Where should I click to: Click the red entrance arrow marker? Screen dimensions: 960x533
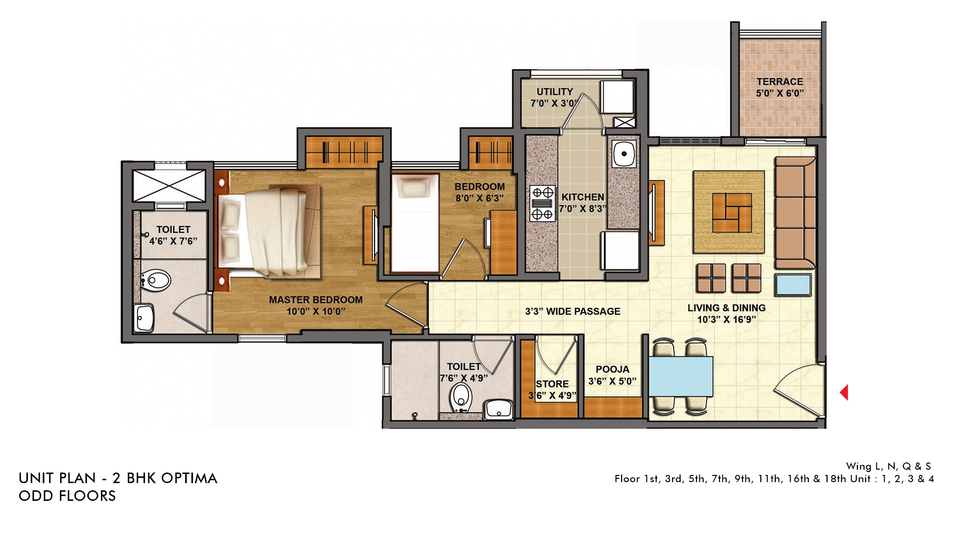pos(844,392)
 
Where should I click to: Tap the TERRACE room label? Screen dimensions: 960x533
pos(780,82)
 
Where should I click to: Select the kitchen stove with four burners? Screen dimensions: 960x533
pos(542,203)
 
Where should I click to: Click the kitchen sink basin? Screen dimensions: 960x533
pos(624,154)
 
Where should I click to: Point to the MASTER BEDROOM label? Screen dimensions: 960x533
pos(316,300)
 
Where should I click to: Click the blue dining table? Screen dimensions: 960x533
pos(681,376)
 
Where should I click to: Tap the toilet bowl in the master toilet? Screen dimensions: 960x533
pos(156,280)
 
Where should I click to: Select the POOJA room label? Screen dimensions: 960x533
pos(612,369)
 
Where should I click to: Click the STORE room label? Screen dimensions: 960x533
pos(552,384)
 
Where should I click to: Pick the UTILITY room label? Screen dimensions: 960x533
pos(554,92)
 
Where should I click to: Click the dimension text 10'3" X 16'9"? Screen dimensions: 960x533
pos(726,320)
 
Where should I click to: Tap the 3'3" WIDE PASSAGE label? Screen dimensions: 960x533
pos(573,311)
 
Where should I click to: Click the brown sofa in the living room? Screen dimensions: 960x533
pos(795,212)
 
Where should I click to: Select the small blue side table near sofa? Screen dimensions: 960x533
pos(793,284)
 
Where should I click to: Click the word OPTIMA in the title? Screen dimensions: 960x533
pos(189,478)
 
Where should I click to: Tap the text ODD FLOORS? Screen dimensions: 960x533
pos(67,496)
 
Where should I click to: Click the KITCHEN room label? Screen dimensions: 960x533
pos(583,197)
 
